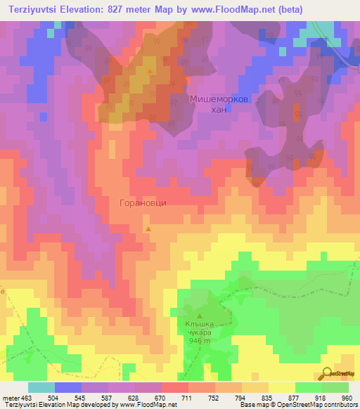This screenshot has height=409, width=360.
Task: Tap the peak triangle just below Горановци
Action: pos(148,228)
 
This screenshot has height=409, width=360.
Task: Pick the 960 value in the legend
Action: pos(345,397)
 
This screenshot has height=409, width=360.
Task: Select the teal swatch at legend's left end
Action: pos(41,387)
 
